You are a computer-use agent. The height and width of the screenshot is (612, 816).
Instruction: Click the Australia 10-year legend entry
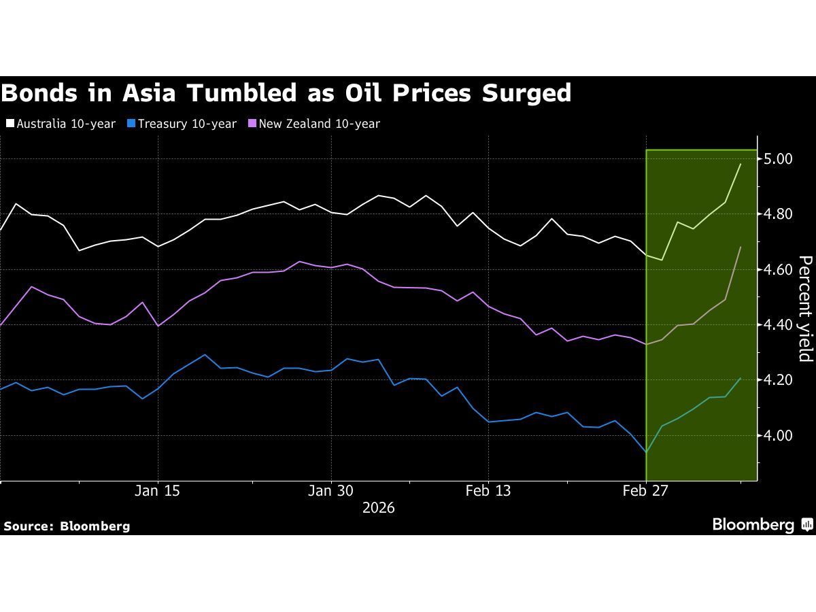(x=61, y=124)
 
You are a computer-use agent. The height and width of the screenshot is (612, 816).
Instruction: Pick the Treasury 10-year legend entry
(x=183, y=124)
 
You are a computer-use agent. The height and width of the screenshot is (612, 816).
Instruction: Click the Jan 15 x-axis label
(x=158, y=491)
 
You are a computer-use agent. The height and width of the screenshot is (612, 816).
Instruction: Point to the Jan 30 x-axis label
(x=330, y=491)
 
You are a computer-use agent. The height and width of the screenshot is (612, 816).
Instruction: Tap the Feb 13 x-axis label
(x=488, y=491)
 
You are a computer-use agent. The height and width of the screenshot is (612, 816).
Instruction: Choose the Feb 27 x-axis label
(x=645, y=491)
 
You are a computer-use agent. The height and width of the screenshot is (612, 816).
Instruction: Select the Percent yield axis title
(x=805, y=309)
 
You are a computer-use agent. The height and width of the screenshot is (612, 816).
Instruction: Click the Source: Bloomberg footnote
(x=67, y=526)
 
